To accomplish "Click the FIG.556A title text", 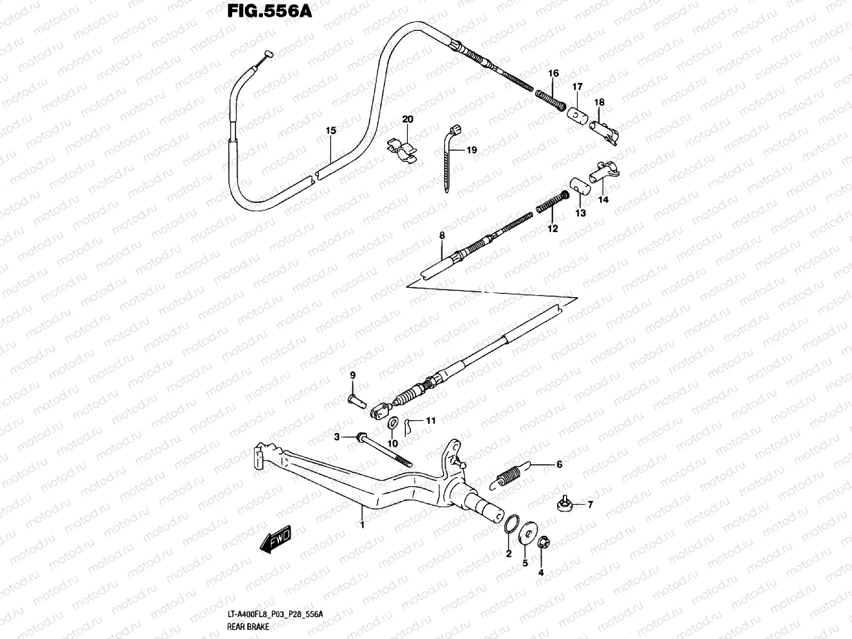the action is click(269, 11).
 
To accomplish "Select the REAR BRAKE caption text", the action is click(248, 627).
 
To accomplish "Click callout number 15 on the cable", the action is click(331, 130).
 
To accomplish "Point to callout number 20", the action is click(407, 119).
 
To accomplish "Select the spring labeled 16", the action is click(550, 100).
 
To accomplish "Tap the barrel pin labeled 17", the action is click(578, 116).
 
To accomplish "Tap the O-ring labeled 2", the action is click(512, 524).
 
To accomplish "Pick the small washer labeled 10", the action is click(392, 423).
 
